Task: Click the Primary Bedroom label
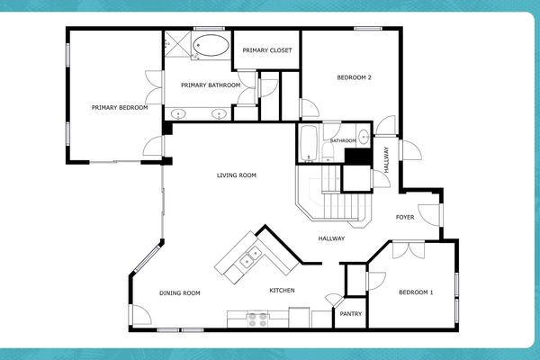(x=119, y=108)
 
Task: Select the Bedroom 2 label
(x=354, y=77)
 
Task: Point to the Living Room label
(x=237, y=175)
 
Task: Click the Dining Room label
(x=179, y=292)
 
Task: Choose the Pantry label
(x=349, y=315)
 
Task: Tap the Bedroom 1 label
(x=416, y=292)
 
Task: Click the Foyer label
(x=405, y=218)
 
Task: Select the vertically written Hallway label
(x=386, y=159)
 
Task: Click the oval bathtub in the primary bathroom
(x=212, y=47)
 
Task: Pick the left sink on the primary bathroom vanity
(x=178, y=113)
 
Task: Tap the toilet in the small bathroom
(x=363, y=139)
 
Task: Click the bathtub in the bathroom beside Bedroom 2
(x=308, y=143)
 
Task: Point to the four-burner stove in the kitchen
(x=257, y=318)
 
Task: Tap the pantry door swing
(x=335, y=300)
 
